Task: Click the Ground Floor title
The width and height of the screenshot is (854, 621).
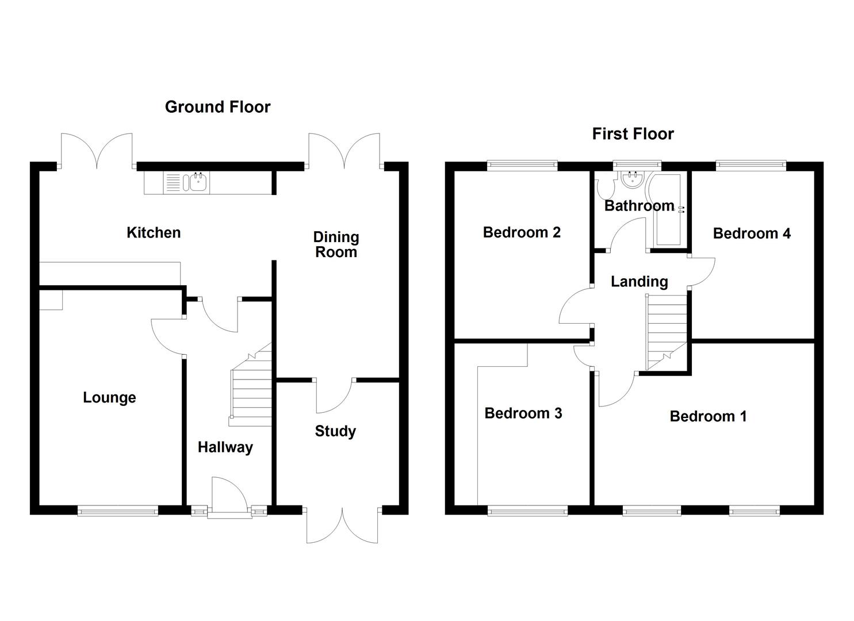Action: [x=217, y=107]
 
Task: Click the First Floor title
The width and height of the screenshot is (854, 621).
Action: [x=633, y=134]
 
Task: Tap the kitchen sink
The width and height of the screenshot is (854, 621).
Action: [x=197, y=183]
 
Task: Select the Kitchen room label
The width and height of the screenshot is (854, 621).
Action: [x=154, y=233]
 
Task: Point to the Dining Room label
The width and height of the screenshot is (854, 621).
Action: [x=336, y=244]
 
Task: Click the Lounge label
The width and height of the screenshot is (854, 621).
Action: [x=109, y=397]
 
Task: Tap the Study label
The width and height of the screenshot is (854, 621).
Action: [x=335, y=431]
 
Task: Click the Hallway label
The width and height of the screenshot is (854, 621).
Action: [x=225, y=447]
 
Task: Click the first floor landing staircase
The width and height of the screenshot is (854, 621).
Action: [x=667, y=331]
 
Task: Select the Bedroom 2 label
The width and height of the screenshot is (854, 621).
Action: [x=522, y=232]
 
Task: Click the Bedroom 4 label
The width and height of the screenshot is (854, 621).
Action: [x=752, y=233]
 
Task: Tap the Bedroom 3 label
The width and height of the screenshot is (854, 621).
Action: [x=523, y=413]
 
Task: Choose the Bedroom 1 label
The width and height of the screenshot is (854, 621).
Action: [x=708, y=416]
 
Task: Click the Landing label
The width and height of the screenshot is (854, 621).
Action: [x=639, y=282]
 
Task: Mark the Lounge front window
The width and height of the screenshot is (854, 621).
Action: [x=117, y=509]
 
